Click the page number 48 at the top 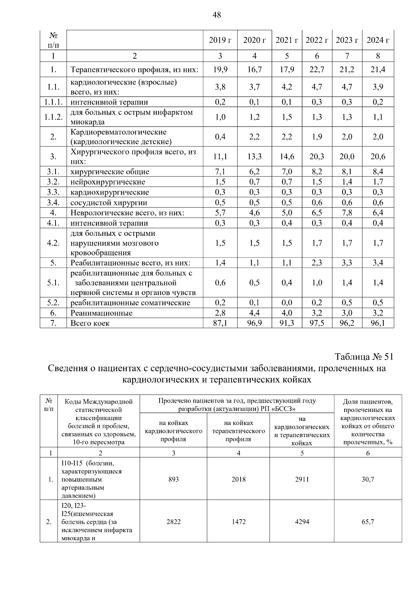click(216, 15)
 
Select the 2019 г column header click(220, 40)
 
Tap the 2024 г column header click(378, 40)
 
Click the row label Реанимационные click(102, 313)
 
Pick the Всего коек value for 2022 click(317, 323)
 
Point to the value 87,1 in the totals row click(220, 323)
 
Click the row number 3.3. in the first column click(53, 192)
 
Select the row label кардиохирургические click(110, 192)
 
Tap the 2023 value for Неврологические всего click(347, 213)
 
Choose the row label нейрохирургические click(108, 182)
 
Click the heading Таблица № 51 click(364, 357)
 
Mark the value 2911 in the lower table click(302, 479)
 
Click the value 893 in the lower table click(173, 479)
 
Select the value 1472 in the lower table click(238, 522)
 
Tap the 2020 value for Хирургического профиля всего click(255, 157)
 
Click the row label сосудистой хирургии click(109, 203)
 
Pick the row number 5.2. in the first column click(53, 303)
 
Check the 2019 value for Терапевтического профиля click(220, 70)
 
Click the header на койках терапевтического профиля click(238, 431)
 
